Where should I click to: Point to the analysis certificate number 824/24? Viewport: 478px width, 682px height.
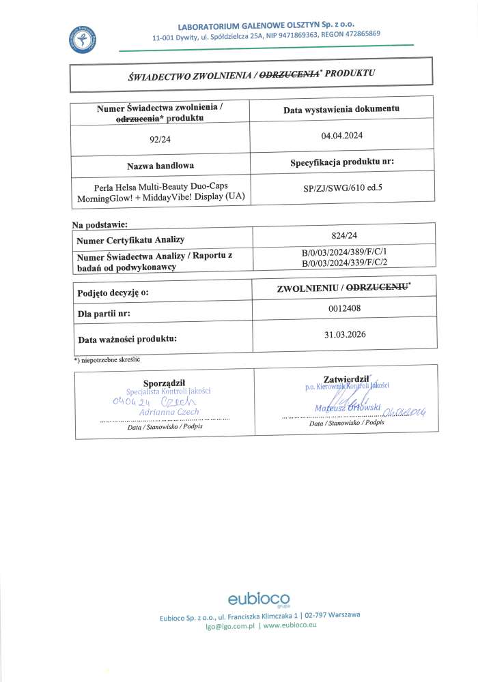[x=343, y=233]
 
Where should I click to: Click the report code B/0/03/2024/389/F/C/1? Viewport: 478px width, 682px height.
[x=344, y=252]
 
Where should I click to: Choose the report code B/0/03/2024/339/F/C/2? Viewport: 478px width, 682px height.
[x=344, y=261]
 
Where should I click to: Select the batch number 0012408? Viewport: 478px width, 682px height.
[x=343, y=308]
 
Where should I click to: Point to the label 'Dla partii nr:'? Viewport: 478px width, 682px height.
[x=104, y=314]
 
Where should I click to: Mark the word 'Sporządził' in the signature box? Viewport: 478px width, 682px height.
[x=164, y=382]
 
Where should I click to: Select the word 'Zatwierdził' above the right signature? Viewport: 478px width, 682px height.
[x=346, y=378]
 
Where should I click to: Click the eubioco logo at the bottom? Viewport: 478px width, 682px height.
[x=259, y=600]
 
